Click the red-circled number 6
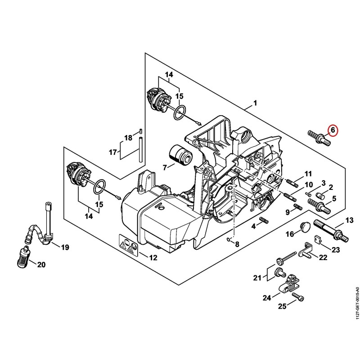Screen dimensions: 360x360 [x=333, y=130]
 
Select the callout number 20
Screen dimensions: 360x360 [x=41, y=265]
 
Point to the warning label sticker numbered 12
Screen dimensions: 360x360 [x=129, y=245]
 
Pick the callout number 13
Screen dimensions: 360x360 [x=350, y=220]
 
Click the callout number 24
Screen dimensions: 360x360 [x=267, y=298]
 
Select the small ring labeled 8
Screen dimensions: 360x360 [x=228, y=239]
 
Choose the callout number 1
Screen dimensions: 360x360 [x=255, y=103]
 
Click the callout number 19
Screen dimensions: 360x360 [x=65, y=247]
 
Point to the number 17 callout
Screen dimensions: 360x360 [x=113, y=152]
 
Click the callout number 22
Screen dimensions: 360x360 [x=323, y=257]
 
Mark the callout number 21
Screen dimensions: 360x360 [x=257, y=278]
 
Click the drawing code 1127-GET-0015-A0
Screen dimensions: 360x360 [x=356, y=306]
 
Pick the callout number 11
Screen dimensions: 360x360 [x=308, y=174]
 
